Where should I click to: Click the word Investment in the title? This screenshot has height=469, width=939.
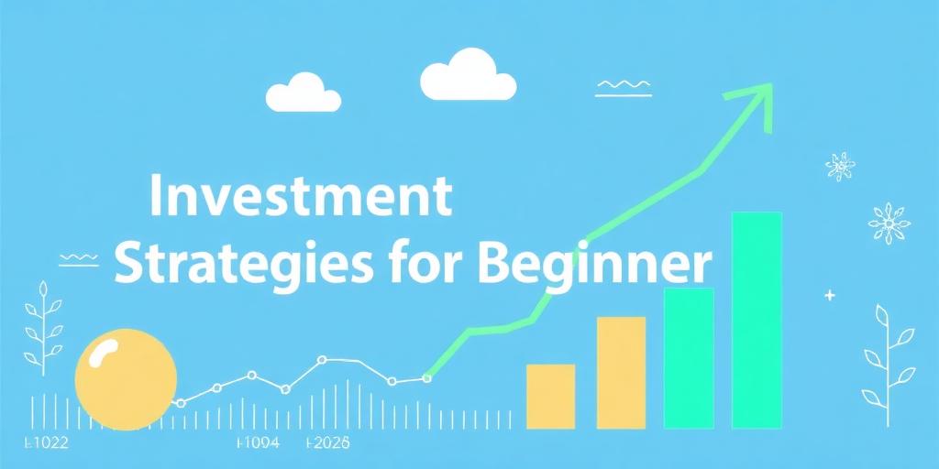point(300,198)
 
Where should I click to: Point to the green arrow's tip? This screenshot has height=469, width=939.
point(768,88)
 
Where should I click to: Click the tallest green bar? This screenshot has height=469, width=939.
point(757,321)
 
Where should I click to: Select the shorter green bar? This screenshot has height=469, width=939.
point(688,358)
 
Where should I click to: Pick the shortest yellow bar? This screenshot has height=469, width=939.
point(551,396)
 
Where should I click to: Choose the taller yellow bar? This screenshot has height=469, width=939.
point(621,372)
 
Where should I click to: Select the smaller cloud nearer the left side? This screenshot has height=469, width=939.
point(303,93)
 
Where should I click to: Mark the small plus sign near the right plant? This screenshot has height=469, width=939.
point(830,296)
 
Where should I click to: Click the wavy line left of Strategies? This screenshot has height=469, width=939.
point(78,258)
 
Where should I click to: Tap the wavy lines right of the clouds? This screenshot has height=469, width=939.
point(623,88)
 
